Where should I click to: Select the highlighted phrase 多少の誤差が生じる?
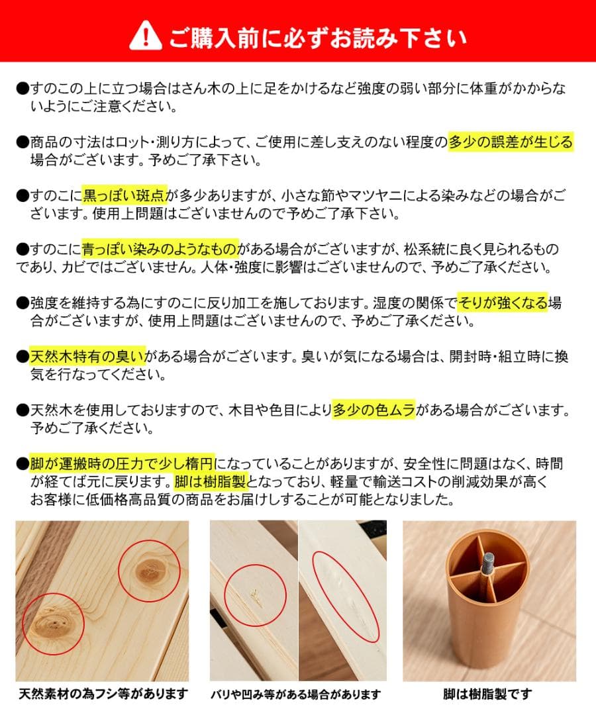[x=511, y=142]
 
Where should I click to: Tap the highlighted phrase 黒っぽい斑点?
[x=124, y=196]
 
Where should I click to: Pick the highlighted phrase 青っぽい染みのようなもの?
[x=160, y=250]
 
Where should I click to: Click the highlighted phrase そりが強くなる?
[x=503, y=303]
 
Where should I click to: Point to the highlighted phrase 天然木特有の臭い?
[x=87, y=357]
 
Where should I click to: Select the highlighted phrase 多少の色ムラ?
[x=373, y=410]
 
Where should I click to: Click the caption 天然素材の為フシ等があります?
[x=103, y=694]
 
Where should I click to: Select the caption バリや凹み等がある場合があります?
[x=295, y=694]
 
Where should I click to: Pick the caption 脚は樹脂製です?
[x=488, y=694]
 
